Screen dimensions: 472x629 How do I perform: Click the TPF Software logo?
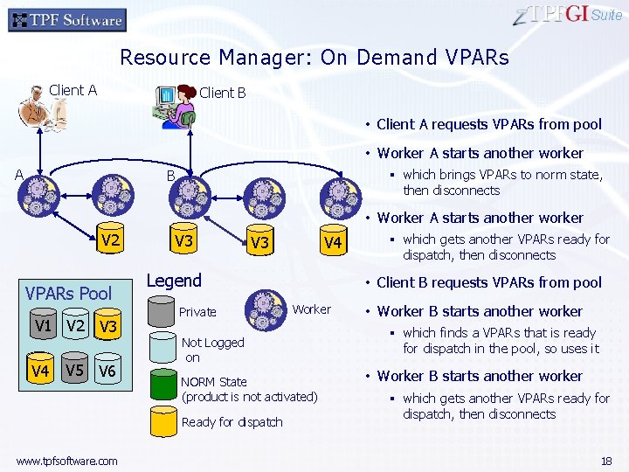click(67, 19)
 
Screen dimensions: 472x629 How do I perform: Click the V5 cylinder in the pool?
click(75, 373)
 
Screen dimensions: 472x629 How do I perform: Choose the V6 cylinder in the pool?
click(107, 373)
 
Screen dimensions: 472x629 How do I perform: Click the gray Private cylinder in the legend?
click(162, 311)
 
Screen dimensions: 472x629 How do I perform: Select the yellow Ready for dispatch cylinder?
click(162, 423)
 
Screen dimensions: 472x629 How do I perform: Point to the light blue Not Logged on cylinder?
click(162, 348)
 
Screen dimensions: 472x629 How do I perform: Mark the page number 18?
click(606, 461)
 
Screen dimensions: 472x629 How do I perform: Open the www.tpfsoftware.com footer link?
click(66, 461)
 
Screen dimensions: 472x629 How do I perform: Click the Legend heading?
click(174, 281)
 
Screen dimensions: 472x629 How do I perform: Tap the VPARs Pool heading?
click(69, 293)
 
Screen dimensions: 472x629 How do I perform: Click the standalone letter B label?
click(172, 176)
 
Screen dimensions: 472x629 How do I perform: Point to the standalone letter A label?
click(18, 173)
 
